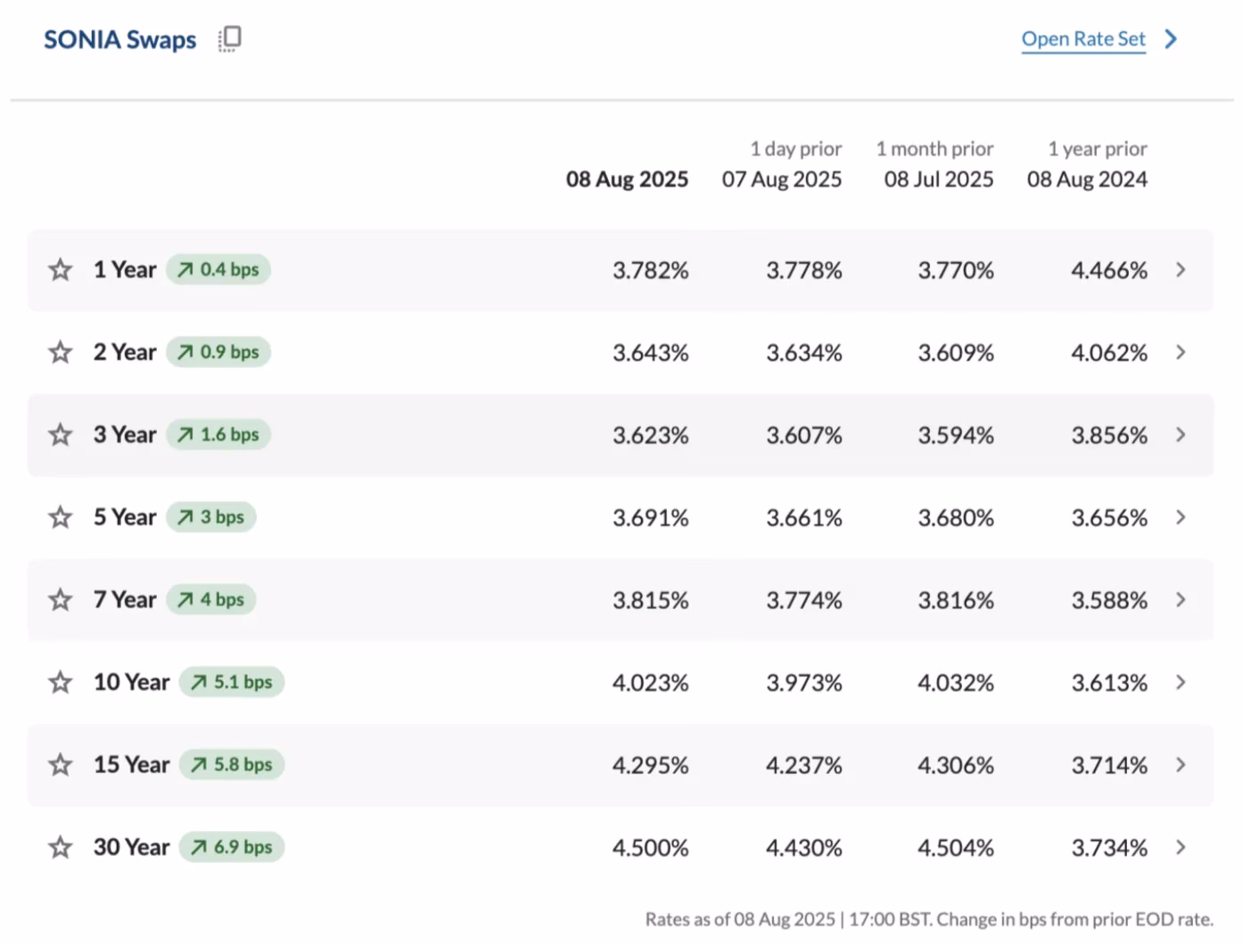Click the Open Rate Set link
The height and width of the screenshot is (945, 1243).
pyautogui.click(x=1082, y=39)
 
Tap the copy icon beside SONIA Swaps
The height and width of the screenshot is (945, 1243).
pyautogui.click(x=230, y=39)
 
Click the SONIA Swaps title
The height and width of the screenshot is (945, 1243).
pyautogui.click(x=120, y=39)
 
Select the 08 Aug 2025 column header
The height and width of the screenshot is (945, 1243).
pyautogui.click(x=627, y=179)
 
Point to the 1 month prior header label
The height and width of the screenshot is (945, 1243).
pyautogui.click(x=934, y=148)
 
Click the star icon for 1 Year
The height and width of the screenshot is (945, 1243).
pyautogui.click(x=60, y=269)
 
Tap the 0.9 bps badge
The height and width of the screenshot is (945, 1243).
pyautogui.click(x=218, y=352)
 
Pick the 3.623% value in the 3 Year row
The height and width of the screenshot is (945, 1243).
pyautogui.click(x=650, y=435)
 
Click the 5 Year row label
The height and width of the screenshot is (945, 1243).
pyautogui.click(x=125, y=517)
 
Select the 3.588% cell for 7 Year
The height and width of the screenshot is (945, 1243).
pyautogui.click(x=1108, y=600)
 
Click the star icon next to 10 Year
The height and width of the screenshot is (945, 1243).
pyautogui.click(x=60, y=682)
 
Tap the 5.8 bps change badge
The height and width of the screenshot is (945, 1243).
pyautogui.click(x=232, y=764)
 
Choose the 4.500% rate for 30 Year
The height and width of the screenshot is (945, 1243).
pyautogui.click(x=650, y=848)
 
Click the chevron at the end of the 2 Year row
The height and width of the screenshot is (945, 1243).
pyautogui.click(x=1181, y=352)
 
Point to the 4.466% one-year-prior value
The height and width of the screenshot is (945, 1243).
pyautogui.click(x=1108, y=270)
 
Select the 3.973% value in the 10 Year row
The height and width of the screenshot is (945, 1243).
pyautogui.click(x=804, y=683)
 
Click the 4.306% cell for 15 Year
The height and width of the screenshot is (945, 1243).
pyautogui.click(x=955, y=766)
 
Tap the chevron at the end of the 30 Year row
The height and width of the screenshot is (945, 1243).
pyautogui.click(x=1181, y=847)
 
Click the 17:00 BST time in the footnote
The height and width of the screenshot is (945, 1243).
pyautogui.click(x=888, y=919)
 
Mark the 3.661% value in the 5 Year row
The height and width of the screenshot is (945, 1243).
pyautogui.click(x=804, y=517)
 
